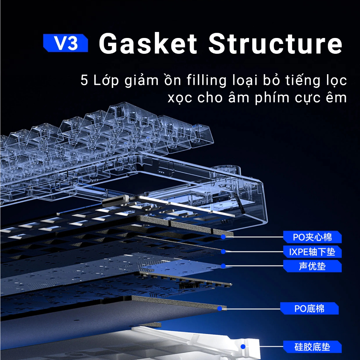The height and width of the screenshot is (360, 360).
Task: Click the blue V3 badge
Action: point(66,43)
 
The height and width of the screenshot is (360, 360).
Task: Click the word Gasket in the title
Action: point(148,43)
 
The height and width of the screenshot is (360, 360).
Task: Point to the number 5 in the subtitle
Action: point(84,80)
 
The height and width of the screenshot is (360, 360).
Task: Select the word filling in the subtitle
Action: point(206,81)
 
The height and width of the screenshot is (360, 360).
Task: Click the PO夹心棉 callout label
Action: point(312,237)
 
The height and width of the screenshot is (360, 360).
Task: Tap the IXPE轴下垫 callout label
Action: point(312,252)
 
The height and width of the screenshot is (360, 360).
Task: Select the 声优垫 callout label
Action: point(312,266)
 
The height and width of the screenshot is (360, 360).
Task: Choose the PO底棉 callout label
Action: point(309,308)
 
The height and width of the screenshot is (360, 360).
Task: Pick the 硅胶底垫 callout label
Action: point(312,347)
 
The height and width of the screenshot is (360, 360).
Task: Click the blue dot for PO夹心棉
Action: point(223,237)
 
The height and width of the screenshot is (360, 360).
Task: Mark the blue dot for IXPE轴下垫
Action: point(223,252)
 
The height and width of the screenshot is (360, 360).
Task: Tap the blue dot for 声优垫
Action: point(223,266)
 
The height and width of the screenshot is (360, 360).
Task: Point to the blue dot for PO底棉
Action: point(220,309)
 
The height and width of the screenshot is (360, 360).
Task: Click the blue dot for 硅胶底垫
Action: point(243,347)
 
